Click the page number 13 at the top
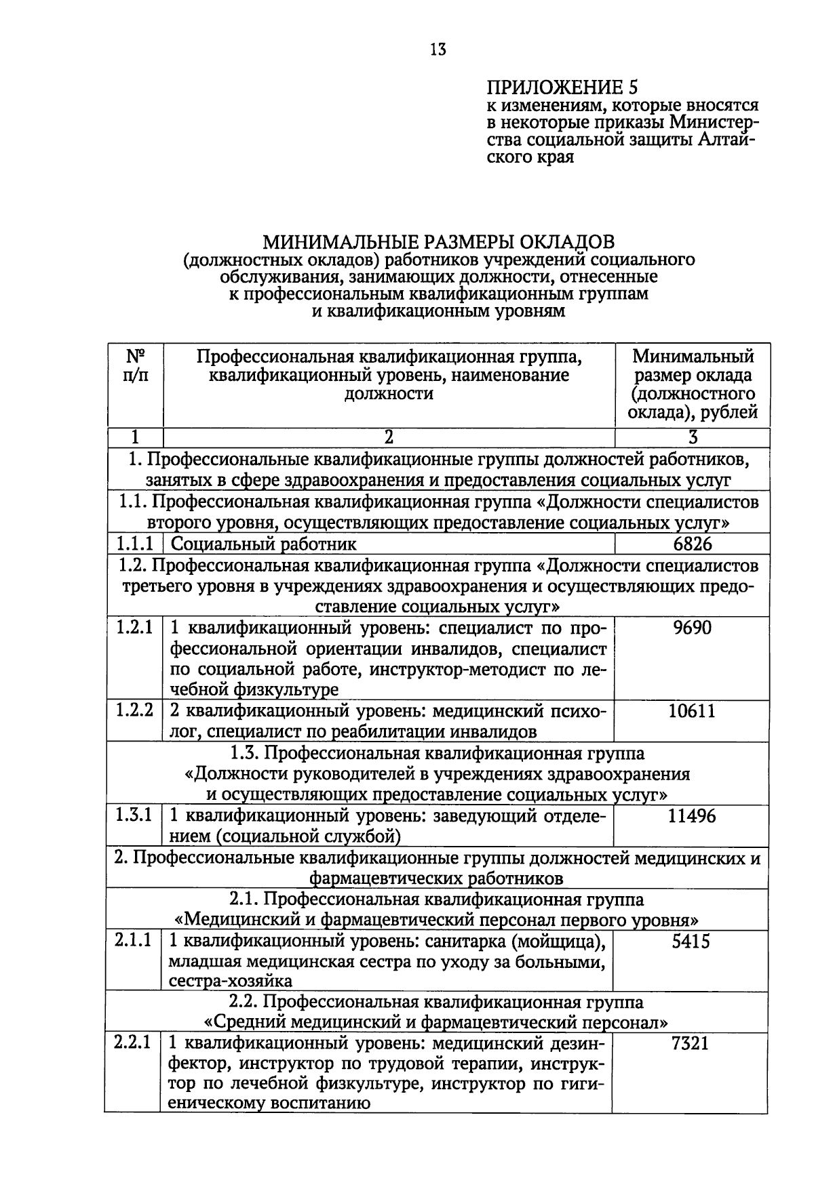(438, 49)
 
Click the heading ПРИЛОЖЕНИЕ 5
(562, 87)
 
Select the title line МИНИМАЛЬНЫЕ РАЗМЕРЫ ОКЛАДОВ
(439, 241)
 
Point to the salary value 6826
(693, 544)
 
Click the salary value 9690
(693, 628)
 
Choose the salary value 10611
(692, 711)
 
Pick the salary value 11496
(692, 816)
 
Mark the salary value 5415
(691, 942)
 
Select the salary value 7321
(691, 1043)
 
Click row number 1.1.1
(134, 544)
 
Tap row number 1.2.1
(134, 627)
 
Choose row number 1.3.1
(134, 815)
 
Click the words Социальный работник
(263, 544)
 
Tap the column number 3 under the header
(693, 438)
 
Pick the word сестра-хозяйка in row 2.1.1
(231, 981)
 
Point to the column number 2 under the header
(389, 438)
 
